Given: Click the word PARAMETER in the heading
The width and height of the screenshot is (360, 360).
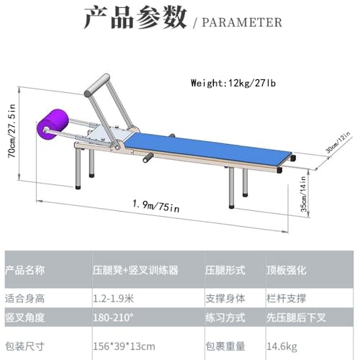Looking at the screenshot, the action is click(242, 22).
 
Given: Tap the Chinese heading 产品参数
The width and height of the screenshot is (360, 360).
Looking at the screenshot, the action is click(135, 18).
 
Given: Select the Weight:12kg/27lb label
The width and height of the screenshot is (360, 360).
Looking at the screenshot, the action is click(233, 83).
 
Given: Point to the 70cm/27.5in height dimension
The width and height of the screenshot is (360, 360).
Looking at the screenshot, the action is click(12, 131).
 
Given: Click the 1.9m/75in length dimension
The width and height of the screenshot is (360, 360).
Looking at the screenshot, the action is click(156, 206).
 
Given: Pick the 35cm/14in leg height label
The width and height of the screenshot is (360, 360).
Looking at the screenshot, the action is click(303, 194).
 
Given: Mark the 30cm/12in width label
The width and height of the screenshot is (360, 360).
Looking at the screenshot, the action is click(338, 143).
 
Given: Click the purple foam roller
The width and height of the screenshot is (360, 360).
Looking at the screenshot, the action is click(53, 124).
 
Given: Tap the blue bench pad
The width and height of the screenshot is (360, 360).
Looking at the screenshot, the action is click(208, 149).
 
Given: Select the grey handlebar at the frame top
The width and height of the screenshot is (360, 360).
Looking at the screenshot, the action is click(97, 86).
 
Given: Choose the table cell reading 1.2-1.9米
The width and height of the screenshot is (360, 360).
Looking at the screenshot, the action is click(113, 299).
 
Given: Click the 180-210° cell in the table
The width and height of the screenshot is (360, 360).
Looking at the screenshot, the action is click(113, 318).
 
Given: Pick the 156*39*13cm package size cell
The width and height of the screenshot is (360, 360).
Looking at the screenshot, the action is click(124, 346).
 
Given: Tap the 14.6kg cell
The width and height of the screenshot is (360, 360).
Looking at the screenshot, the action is click(282, 346).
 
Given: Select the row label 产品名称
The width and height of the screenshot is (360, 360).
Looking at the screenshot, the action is click(25, 270).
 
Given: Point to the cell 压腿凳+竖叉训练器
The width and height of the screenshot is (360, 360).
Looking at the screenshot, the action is click(135, 271).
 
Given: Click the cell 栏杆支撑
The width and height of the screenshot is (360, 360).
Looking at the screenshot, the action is click(287, 299).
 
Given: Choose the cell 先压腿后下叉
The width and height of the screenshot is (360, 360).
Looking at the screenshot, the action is click(296, 318).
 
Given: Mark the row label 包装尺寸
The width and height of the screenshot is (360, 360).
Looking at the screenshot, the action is click(25, 346).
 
